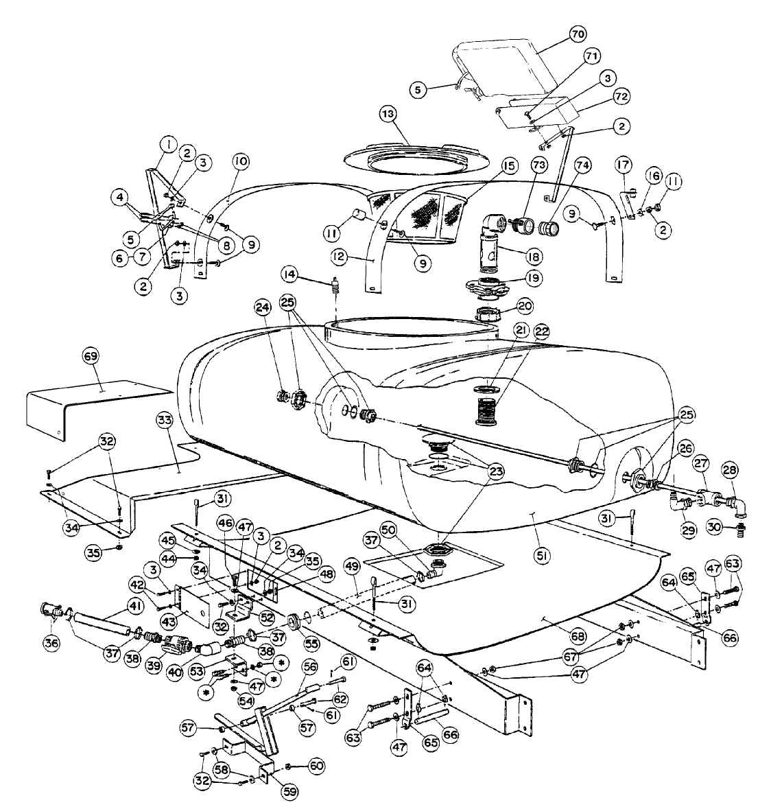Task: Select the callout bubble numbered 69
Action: pos(91,356)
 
